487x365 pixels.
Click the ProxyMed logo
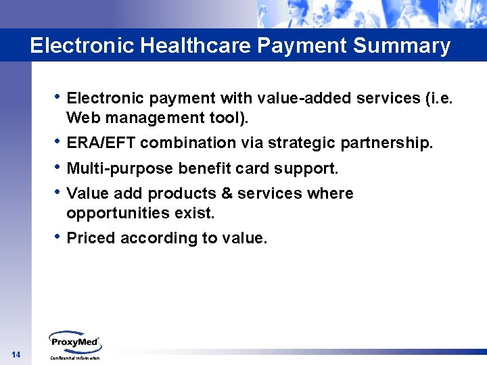(x=74, y=342)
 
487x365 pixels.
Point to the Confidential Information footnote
(x=75, y=358)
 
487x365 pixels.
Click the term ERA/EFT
(x=101, y=143)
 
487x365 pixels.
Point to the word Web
(x=83, y=118)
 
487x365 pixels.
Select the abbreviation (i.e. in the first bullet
(x=438, y=99)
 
